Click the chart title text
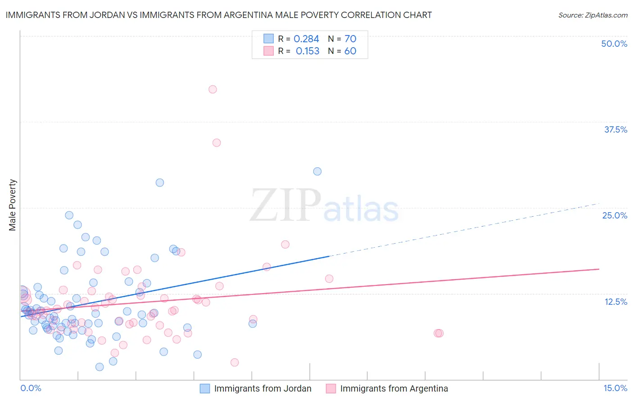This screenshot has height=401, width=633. click(218, 15)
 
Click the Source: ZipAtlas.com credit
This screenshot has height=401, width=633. click(592, 15)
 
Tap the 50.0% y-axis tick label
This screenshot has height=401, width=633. click(614, 44)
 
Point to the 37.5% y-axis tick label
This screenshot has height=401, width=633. click(615, 129)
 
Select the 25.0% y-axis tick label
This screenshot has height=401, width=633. click(615, 215)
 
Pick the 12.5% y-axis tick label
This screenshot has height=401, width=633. click(615, 302)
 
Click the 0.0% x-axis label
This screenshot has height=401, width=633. click(31, 388)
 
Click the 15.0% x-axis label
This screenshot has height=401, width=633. click(615, 388)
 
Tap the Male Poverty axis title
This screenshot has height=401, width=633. click(13, 205)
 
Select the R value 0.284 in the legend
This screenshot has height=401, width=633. click(306, 39)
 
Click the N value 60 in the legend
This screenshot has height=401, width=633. click(350, 51)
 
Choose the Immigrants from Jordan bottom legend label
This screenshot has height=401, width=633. click(262, 388)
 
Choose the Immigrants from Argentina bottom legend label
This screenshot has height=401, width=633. click(394, 388)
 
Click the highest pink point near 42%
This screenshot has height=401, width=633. click(213, 89)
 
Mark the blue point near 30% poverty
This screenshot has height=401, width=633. click(317, 171)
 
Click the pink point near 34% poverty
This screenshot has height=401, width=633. click(217, 143)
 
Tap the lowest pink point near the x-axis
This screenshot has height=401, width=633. click(235, 362)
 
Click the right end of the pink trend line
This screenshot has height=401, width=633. click(598, 269)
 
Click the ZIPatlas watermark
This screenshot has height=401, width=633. click(324, 206)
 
